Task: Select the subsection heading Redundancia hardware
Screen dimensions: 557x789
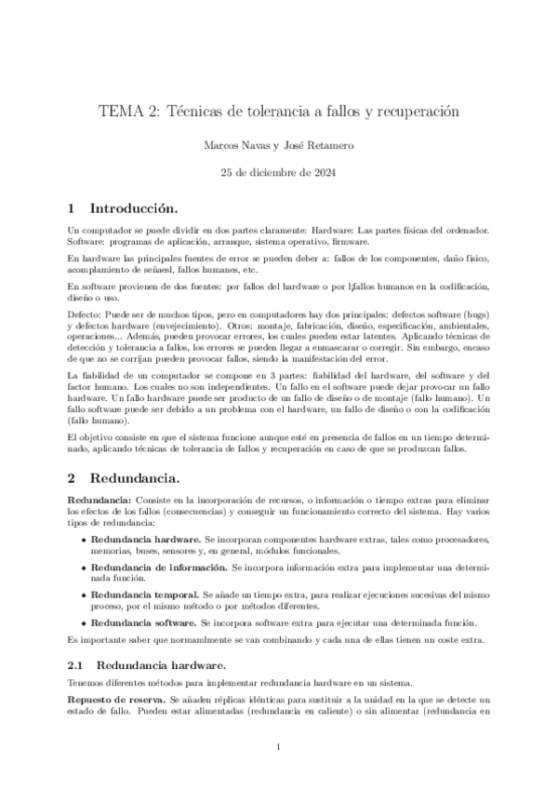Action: coord(159,665)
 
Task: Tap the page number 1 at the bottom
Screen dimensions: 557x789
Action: coord(278,747)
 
